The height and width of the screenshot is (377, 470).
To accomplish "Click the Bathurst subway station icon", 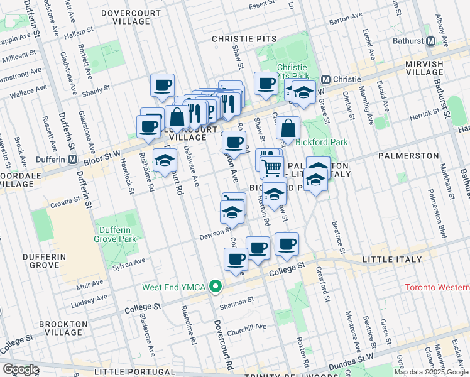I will (430, 41).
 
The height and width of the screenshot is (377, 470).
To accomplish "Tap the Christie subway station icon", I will (325, 80).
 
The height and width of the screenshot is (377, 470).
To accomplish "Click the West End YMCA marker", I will (216, 287).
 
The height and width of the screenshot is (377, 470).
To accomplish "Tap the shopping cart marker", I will (272, 167).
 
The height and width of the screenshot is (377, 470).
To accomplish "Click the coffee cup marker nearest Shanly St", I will (162, 85).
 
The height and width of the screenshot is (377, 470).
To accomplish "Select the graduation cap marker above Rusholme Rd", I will (165, 160).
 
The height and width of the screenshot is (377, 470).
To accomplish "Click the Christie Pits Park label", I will (292, 72).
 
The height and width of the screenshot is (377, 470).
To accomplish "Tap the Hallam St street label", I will (96, 29).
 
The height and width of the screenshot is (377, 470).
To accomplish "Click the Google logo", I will (21, 369).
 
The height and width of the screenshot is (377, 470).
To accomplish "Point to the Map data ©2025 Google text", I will (430, 372).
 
